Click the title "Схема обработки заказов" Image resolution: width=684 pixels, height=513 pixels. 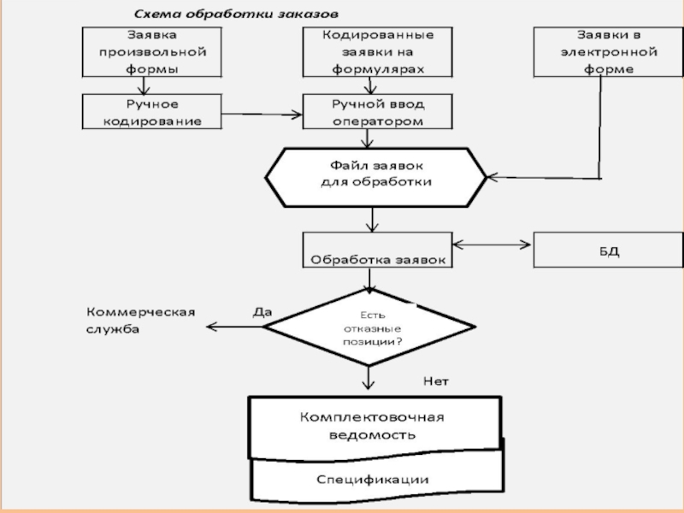click(x=235, y=15)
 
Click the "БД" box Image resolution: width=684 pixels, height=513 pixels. click(x=597, y=250)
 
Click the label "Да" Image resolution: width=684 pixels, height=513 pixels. click(x=262, y=312)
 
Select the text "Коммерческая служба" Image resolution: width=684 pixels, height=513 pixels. click(x=139, y=321)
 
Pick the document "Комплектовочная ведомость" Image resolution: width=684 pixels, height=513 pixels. click(x=373, y=426)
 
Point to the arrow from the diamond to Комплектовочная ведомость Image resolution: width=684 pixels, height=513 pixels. click(x=369, y=379)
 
